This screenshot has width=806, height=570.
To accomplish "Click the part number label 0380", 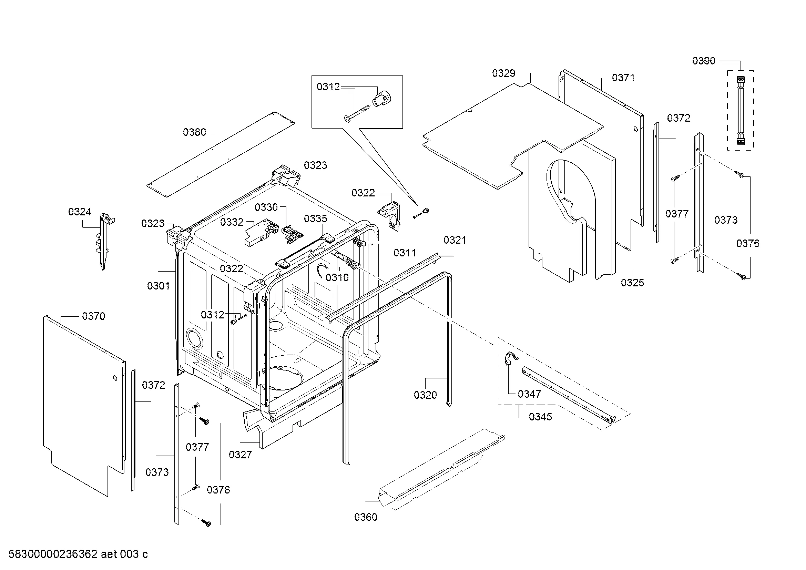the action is (194, 132).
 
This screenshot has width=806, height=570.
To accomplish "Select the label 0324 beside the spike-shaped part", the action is (80, 212).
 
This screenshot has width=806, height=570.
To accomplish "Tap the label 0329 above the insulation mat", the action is (504, 73).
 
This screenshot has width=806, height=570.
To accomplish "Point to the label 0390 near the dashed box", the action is (704, 61).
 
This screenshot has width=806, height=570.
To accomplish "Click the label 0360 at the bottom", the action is (366, 517).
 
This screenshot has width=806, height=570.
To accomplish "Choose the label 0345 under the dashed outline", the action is (541, 417).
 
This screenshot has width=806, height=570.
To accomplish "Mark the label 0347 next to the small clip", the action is (529, 394).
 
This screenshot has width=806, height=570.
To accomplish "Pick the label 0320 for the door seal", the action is (426, 395).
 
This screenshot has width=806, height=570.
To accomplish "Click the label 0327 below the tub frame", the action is (241, 455).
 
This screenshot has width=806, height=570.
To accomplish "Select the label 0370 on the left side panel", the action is (94, 316).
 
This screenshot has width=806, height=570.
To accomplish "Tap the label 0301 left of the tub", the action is (159, 286).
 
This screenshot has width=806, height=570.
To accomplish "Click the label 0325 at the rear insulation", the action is (633, 283).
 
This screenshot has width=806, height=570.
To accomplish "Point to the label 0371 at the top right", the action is (623, 78).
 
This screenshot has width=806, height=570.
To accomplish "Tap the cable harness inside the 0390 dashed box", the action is (741, 111).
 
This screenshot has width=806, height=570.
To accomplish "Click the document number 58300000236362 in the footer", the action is (53, 554).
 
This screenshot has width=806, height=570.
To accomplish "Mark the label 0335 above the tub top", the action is (316, 219).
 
